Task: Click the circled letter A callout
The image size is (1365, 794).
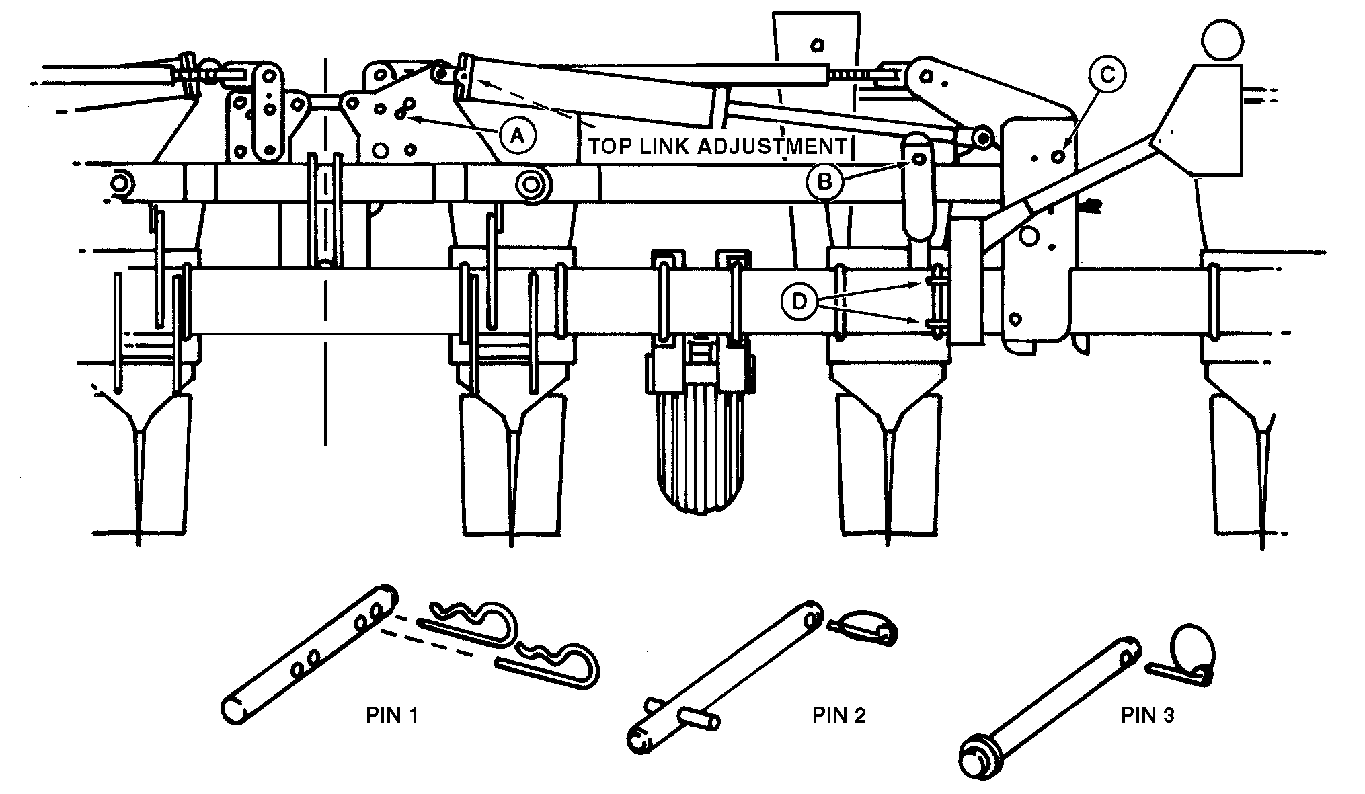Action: click(516, 136)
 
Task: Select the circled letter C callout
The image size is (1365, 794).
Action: click(1106, 75)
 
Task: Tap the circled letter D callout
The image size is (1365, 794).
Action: click(799, 302)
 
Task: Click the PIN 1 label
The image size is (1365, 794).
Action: click(392, 715)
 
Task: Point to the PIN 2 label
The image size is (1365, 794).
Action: click(838, 715)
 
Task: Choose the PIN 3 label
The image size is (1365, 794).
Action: click(1147, 715)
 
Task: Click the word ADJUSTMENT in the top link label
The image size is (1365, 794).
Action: click(771, 146)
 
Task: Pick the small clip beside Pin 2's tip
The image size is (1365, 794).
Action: click(864, 627)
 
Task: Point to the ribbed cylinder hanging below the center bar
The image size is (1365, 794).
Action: click(699, 464)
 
